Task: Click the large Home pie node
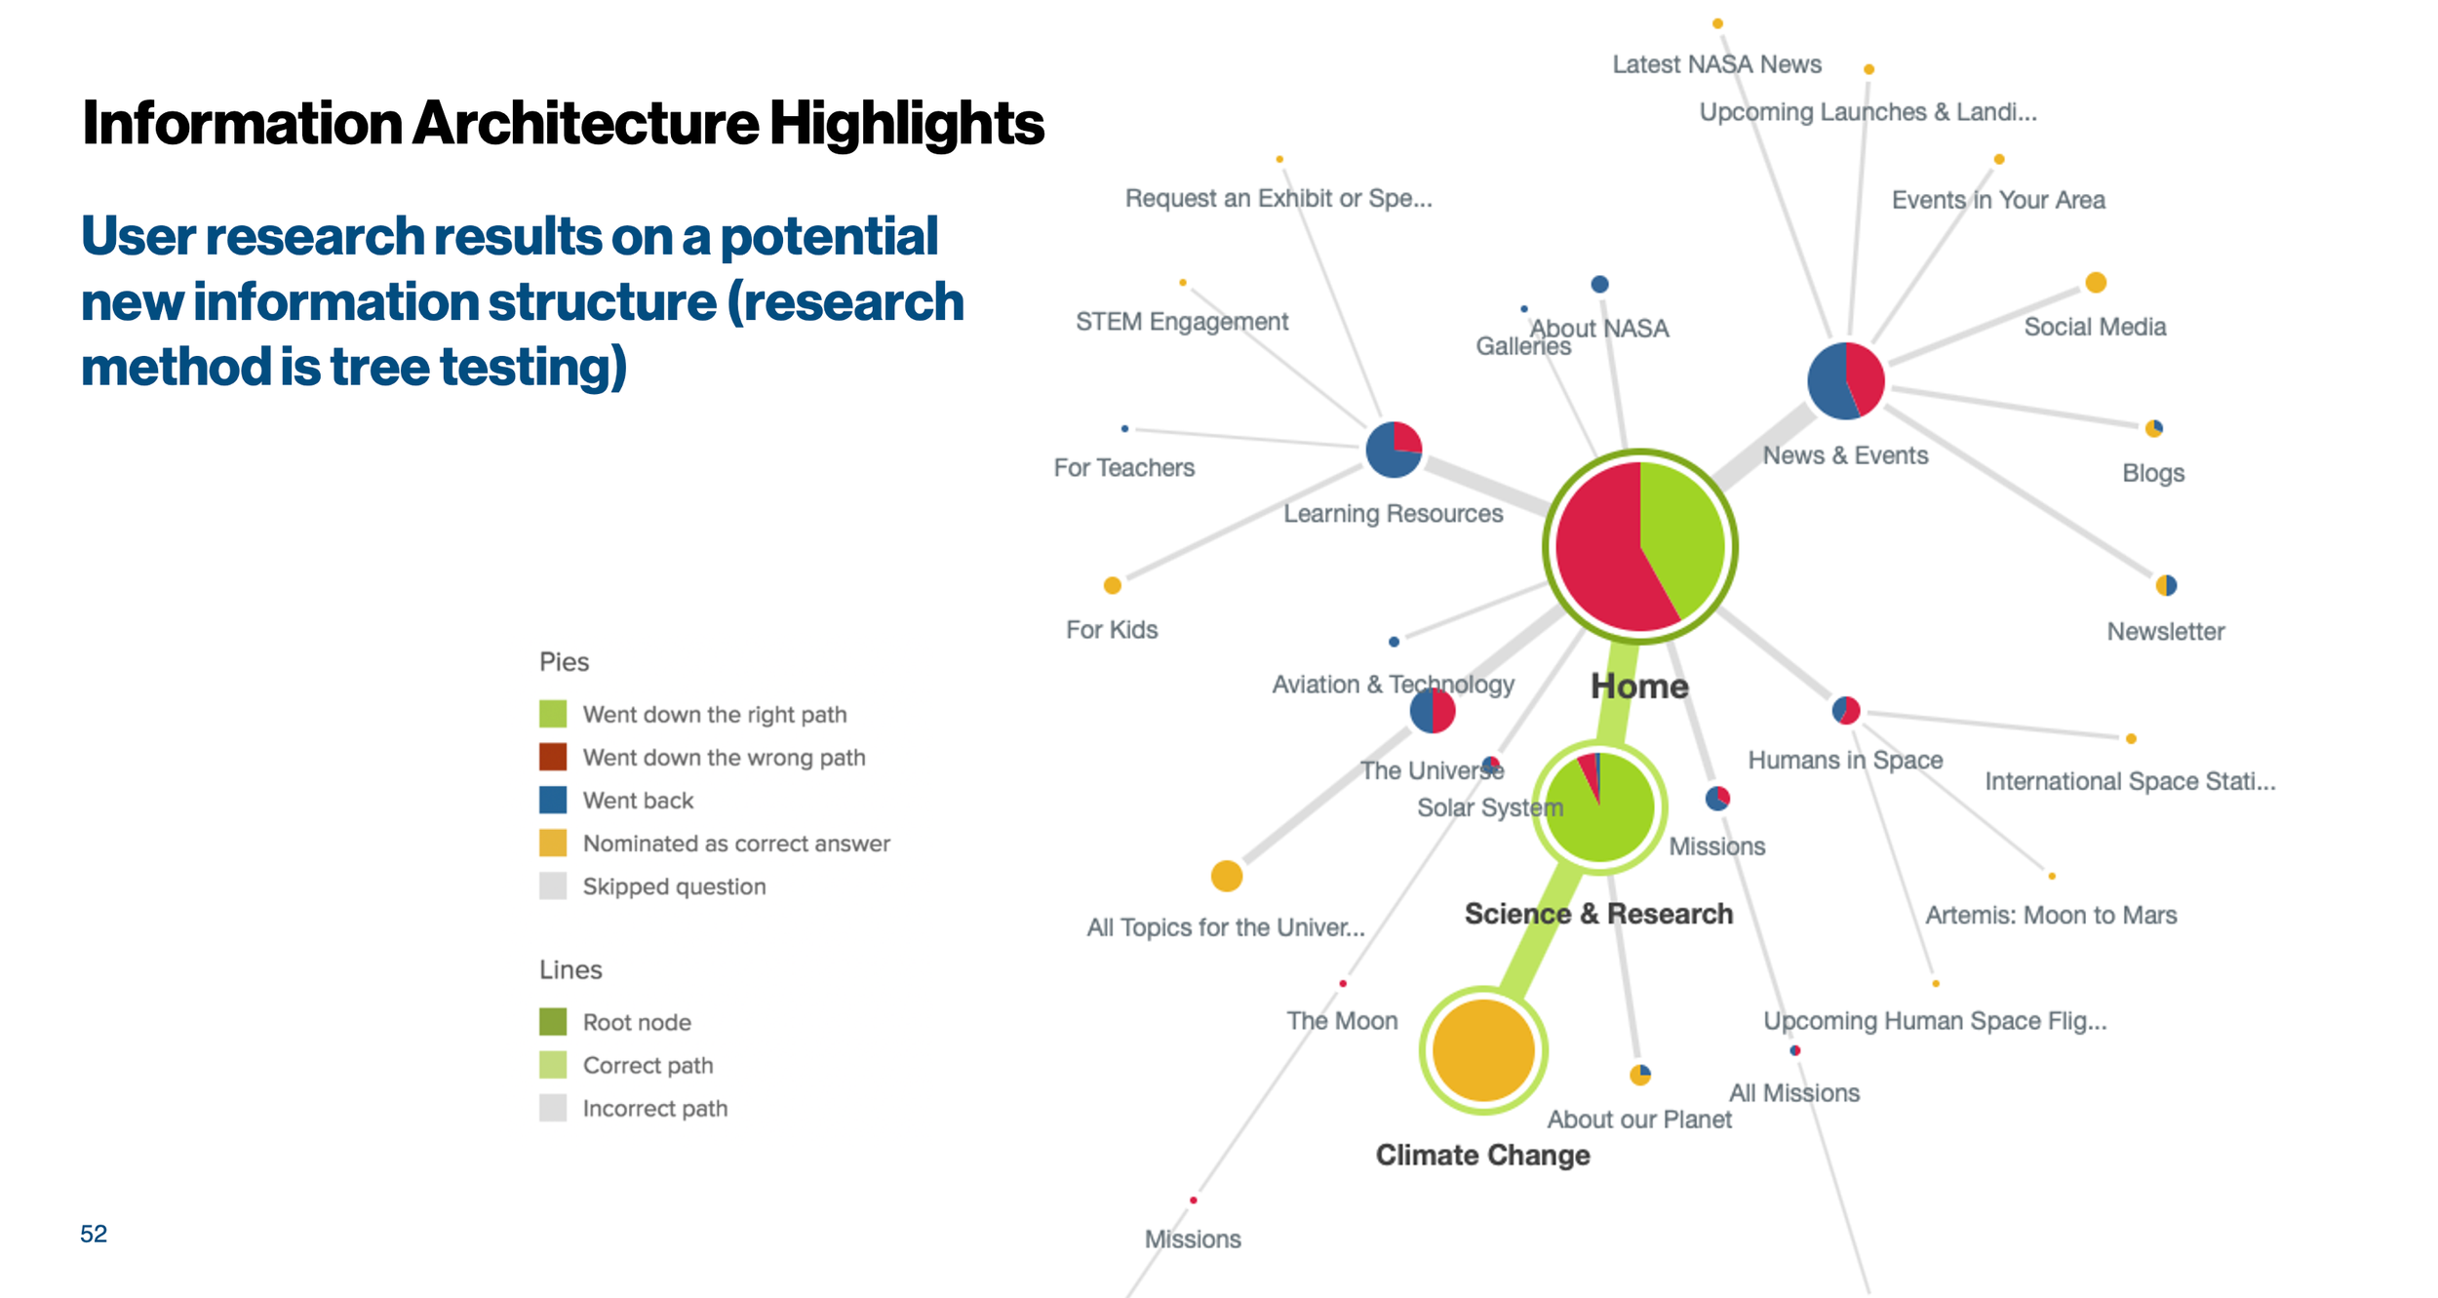click(x=1639, y=546)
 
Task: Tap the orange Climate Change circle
click(x=1482, y=1050)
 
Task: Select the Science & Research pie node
click(x=1599, y=806)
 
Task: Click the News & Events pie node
click(x=1845, y=380)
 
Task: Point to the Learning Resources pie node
click(x=1394, y=450)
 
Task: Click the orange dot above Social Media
click(x=2096, y=283)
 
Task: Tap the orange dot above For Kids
click(x=1112, y=585)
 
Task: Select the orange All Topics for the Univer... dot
click(x=1226, y=876)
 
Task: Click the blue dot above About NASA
click(x=1599, y=284)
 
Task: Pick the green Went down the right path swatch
click(x=553, y=714)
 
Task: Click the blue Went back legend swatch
click(x=553, y=800)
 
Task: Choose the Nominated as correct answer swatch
click(x=553, y=843)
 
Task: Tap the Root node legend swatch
click(x=553, y=1022)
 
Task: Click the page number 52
click(x=94, y=1234)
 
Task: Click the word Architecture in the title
click(x=585, y=124)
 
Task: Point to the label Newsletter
click(x=2165, y=632)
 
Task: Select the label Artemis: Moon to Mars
click(x=2051, y=916)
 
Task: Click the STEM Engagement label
click(x=1181, y=322)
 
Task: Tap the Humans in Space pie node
click(x=1845, y=710)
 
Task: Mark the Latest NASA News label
click(x=1716, y=64)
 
